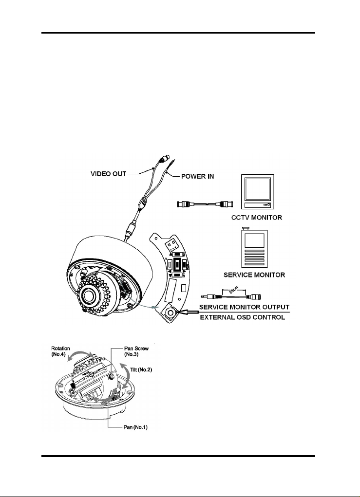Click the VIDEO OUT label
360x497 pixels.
(x=109, y=174)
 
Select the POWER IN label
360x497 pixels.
(x=198, y=176)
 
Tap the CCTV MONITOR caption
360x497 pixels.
(x=257, y=218)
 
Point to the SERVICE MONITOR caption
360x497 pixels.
(x=254, y=275)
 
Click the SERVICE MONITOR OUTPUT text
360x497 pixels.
(x=244, y=307)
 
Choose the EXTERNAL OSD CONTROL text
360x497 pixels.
(x=243, y=317)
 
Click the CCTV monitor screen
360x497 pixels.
(x=258, y=189)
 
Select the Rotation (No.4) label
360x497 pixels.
(x=60, y=351)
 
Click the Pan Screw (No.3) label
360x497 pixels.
(x=136, y=351)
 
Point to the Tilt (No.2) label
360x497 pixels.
(x=141, y=369)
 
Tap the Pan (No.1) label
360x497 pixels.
(x=135, y=427)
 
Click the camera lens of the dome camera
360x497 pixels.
(x=87, y=296)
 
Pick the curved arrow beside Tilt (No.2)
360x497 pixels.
(x=128, y=376)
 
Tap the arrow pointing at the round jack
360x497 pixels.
(x=189, y=312)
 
